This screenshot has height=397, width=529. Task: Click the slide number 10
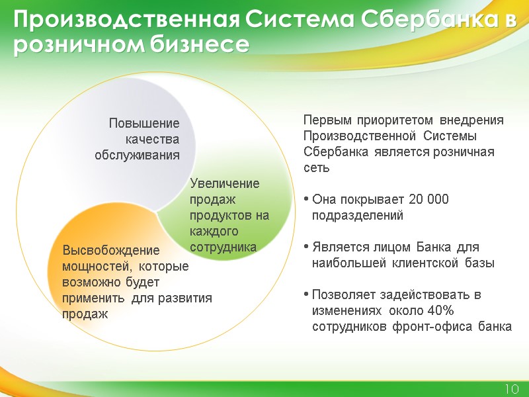(510, 388)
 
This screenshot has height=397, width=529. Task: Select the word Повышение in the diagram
(144, 124)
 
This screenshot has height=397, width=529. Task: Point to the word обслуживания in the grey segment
(137, 155)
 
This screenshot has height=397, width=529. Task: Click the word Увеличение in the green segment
(225, 183)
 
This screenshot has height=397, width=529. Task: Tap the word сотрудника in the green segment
(223, 247)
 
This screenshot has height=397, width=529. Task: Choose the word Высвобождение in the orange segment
(111, 251)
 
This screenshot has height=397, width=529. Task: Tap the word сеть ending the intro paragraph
(316, 168)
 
